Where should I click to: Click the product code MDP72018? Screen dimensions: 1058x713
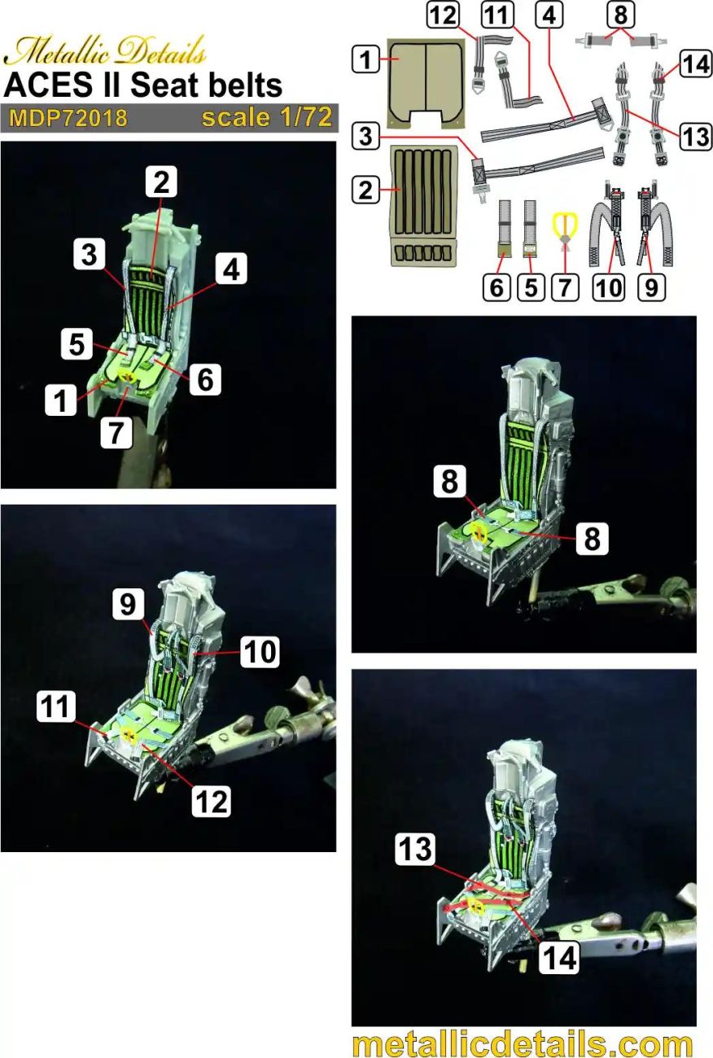68,118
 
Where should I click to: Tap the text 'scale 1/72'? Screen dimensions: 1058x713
267,118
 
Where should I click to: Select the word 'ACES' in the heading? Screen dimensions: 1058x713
42,85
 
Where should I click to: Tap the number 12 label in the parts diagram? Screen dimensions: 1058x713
447,16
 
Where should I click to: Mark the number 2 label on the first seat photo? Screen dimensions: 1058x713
161,183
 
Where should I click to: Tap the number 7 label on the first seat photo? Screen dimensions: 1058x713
117,432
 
